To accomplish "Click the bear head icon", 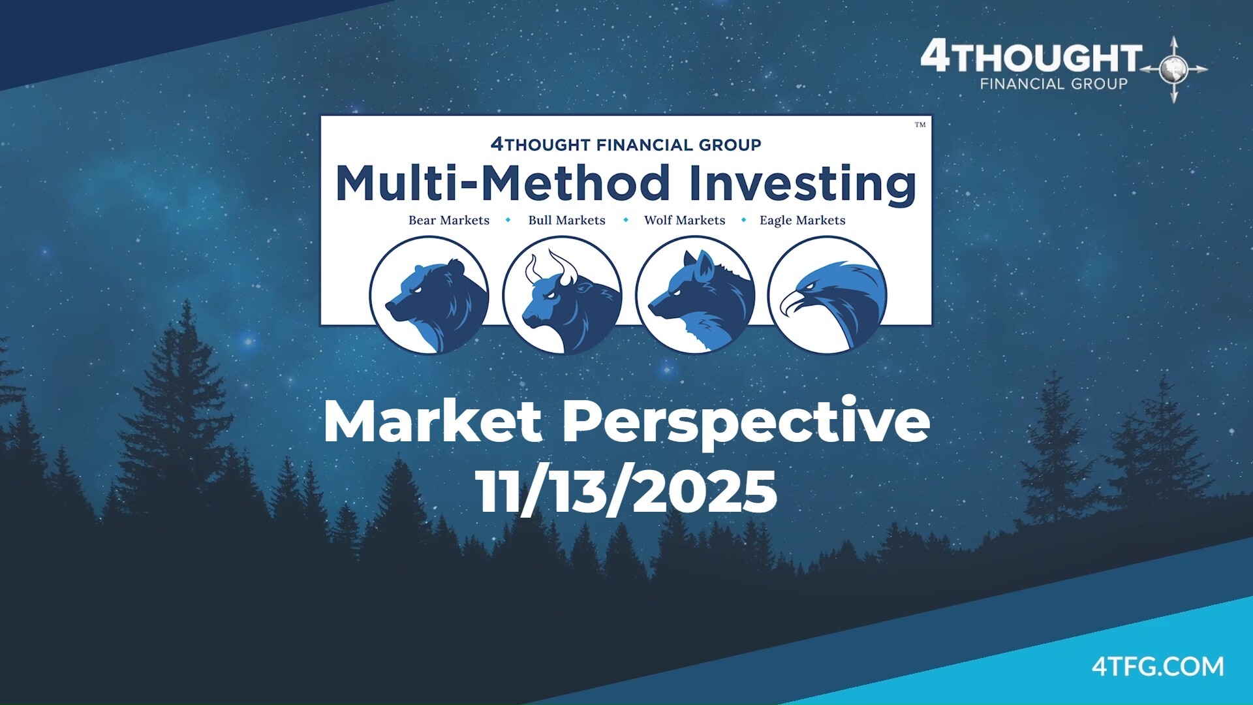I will pos(429,295).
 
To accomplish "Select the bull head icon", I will pos(562,295).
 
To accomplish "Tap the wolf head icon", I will pos(695,295).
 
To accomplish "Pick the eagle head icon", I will pos(828,295).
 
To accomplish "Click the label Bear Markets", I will pos(448,221).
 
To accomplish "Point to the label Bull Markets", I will pos(566,221).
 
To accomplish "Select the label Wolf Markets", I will pos(685,221).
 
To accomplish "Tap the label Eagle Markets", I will pos(802,221).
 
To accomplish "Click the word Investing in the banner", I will pos(802,184).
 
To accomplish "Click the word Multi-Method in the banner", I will pos(503,184).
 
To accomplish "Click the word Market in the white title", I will pos(432,422).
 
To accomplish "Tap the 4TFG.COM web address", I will pos(1158,666).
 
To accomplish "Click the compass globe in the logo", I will pos(1174,69).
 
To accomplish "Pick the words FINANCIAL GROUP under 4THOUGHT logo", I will pos(1053,84).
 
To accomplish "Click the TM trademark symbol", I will pos(920,125).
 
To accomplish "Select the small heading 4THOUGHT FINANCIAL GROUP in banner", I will pos(626,144).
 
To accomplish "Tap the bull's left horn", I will pos(532,268).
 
